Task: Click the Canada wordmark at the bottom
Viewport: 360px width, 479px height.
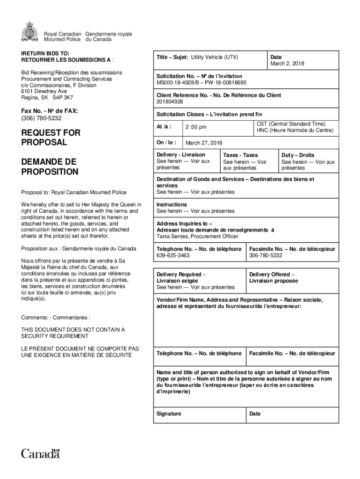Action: pyautogui.click(x=41, y=453)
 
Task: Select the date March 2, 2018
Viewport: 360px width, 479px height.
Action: pyautogui.click(x=287, y=64)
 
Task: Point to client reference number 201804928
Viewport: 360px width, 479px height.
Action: pyautogui.click(x=170, y=102)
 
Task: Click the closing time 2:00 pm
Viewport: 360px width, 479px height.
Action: pyautogui.click(x=196, y=127)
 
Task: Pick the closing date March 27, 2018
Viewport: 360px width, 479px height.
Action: pyautogui.click(x=204, y=143)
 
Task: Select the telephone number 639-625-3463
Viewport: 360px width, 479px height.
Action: pyautogui.click(x=173, y=256)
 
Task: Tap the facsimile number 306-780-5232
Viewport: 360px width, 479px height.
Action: pyautogui.click(x=266, y=256)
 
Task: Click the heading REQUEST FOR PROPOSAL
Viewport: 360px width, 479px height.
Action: pyautogui.click(x=50, y=138)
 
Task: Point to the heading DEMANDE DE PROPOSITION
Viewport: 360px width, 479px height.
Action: pyautogui.click(x=50, y=167)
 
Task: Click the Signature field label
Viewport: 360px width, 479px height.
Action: pyautogui.click(x=169, y=414)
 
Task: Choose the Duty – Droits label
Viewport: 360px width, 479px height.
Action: pyautogui.click(x=298, y=155)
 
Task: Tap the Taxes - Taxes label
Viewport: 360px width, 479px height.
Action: pyautogui.click(x=240, y=155)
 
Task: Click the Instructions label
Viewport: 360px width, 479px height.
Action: pyautogui.click(x=172, y=204)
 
